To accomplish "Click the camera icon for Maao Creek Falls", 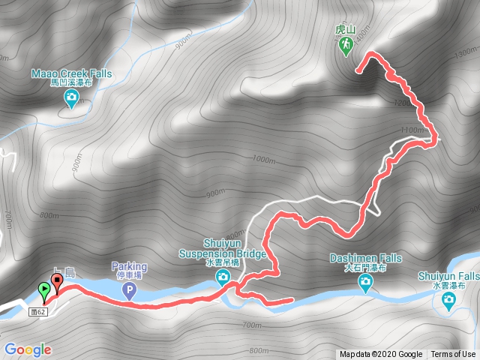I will coord(71,99).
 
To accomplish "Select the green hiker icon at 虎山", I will coord(345,46).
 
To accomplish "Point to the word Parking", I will coord(129,266).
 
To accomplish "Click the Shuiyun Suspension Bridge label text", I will coord(235,249).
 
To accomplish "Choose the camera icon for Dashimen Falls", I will coord(365,283).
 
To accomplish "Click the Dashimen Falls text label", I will coord(365,262).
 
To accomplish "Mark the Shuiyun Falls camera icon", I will coord(448,301).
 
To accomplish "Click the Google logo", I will coord(27,349).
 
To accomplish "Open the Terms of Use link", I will coord(452,354).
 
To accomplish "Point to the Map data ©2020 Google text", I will coord(380,354).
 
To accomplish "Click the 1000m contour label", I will coord(265,159).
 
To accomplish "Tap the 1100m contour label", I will coord(412,130).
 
